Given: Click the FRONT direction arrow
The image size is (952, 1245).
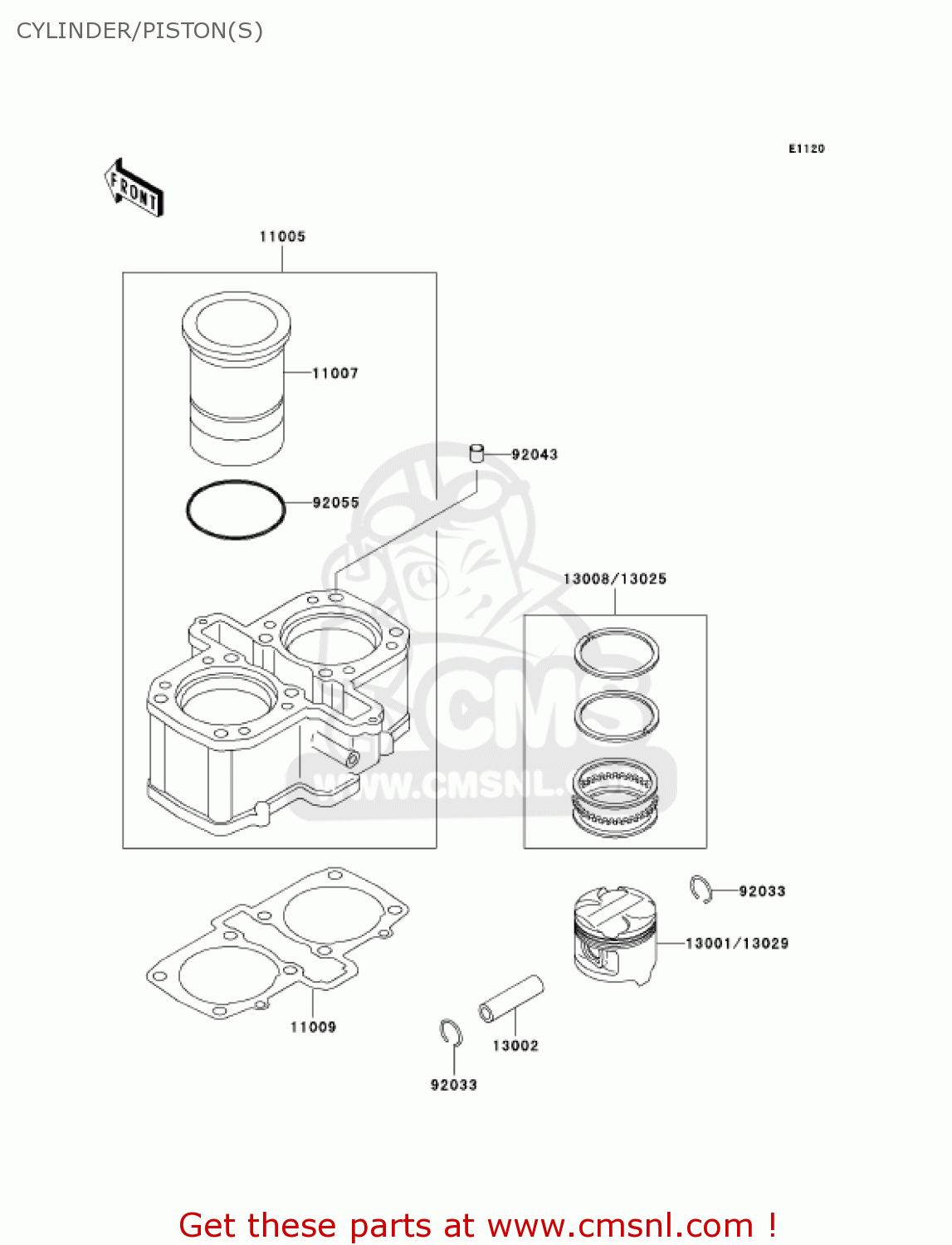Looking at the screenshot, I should coord(134,188).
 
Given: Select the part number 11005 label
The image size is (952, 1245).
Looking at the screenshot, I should coord(282,237).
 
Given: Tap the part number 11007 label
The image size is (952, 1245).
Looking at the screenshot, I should coord(335,373).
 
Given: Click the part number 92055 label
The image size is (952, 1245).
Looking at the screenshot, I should coord(335,503).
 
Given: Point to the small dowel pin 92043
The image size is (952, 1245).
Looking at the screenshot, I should coord(476,453).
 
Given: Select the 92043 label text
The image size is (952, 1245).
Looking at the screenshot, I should coord(535,455).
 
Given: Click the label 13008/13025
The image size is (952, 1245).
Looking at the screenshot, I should coord(614,579).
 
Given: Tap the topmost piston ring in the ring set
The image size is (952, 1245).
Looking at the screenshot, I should coord(617,652).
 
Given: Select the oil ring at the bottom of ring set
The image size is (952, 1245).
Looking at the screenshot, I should coord(616,797).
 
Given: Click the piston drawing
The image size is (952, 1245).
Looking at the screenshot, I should coord(614,934).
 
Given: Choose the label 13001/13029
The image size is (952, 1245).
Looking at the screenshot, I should coord(736,944).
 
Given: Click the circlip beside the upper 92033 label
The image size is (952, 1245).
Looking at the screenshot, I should coord(701,889).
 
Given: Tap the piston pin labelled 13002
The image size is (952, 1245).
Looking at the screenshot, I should coord(511,998).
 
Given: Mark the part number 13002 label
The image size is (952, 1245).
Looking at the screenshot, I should coord(515,1046).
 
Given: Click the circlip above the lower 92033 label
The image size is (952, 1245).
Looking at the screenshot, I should coord(451,1033).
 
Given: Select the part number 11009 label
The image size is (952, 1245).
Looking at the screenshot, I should coord(313,1028).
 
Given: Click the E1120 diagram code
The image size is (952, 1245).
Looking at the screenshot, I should coord(806,149).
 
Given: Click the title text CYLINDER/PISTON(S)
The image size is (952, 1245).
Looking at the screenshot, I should coord(139,31).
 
